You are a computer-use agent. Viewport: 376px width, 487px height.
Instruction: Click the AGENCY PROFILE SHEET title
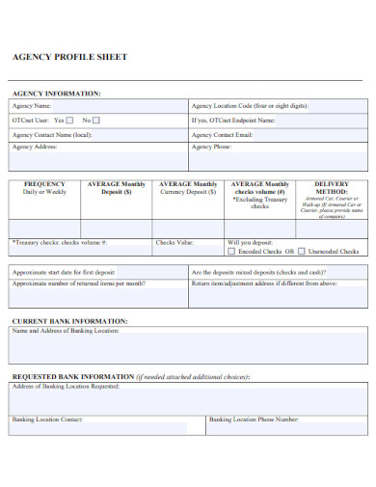point(68,58)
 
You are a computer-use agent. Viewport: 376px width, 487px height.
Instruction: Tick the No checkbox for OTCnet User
point(95,120)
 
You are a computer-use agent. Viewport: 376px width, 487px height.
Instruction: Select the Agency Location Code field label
point(250,105)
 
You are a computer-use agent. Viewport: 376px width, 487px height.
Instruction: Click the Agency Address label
point(35,149)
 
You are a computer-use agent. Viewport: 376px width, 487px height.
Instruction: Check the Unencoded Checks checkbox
point(302,251)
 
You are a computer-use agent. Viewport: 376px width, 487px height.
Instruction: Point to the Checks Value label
point(174,243)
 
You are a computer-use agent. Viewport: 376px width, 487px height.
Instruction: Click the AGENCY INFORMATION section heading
point(55,94)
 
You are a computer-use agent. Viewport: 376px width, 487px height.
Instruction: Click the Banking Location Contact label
point(48,419)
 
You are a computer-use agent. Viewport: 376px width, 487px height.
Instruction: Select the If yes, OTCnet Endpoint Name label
point(233,121)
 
